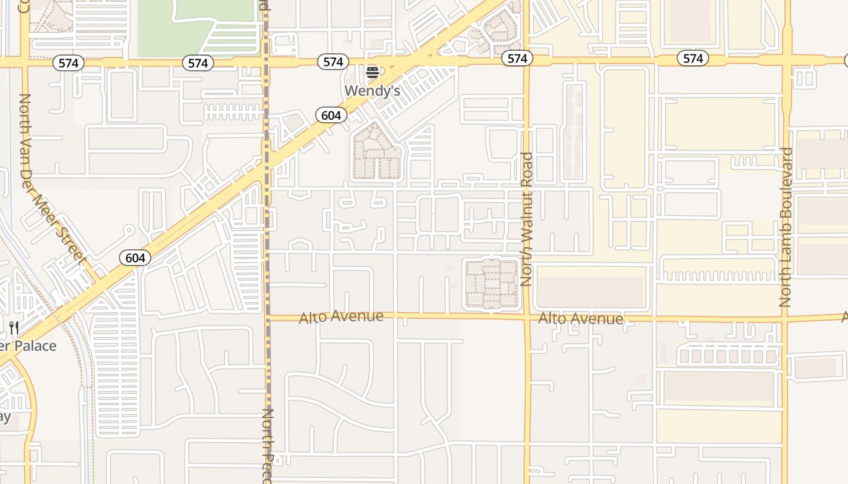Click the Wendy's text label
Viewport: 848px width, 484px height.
(x=373, y=91)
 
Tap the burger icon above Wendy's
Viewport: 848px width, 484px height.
(x=373, y=73)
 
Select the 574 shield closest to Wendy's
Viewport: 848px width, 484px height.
(x=333, y=62)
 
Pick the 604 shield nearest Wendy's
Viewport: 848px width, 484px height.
(x=331, y=115)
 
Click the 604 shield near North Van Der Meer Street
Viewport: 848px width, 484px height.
(x=135, y=258)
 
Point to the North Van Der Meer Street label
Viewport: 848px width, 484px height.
(x=51, y=178)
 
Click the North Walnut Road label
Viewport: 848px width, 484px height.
(x=527, y=219)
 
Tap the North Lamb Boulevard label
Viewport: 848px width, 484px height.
(x=786, y=227)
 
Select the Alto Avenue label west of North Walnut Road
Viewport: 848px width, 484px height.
(x=341, y=316)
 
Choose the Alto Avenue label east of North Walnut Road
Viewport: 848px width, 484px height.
(x=580, y=318)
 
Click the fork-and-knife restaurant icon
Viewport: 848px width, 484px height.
(x=14, y=329)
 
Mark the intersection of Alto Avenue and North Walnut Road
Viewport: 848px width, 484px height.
(x=527, y=316)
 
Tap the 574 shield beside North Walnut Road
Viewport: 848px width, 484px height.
(x=517, y=58)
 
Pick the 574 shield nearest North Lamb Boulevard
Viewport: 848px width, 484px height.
(x=693, y=58)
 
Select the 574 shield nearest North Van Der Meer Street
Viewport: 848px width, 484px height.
(x=68, y=63)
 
